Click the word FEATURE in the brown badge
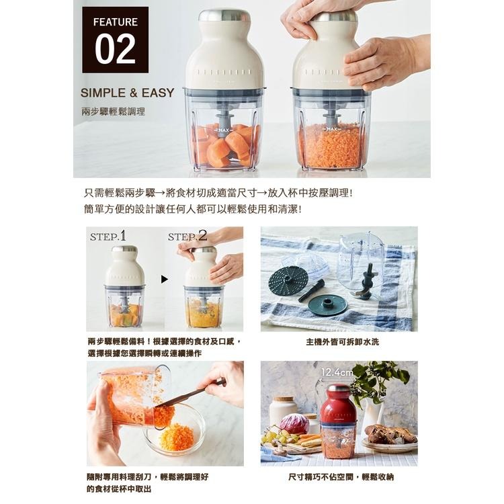pos(115,22)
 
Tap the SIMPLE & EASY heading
pos(127,93)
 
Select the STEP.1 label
pos(108,236)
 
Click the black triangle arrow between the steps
pos(163,278)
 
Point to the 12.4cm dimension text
pos(337,372)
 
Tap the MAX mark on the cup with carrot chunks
pos(224,129)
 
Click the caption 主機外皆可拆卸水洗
pos(338,342)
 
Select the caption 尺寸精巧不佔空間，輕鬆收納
pos(338,476)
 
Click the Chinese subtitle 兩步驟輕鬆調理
pos(113,111)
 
